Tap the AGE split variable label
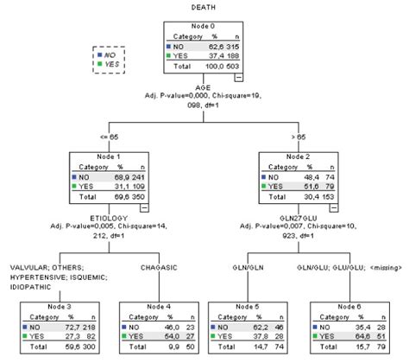pos(204,90)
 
